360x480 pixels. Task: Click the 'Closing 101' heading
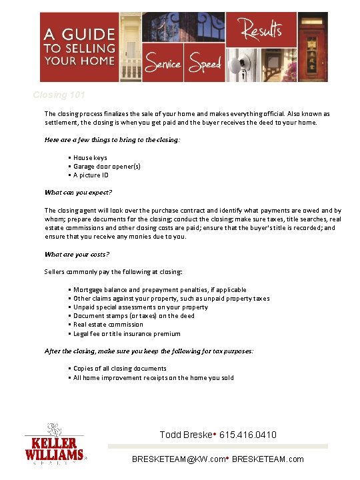59,95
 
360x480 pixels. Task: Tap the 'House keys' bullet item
90,158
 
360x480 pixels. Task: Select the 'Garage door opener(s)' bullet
107,167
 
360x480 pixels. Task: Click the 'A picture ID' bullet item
91,175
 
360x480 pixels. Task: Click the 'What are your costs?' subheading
77,254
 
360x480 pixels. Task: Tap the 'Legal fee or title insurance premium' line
127,333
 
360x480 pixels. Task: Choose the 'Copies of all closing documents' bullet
119,369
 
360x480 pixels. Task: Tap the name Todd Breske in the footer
185,435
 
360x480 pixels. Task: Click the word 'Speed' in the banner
205,64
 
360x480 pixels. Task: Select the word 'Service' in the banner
162,64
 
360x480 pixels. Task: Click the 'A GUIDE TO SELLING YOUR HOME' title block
80,46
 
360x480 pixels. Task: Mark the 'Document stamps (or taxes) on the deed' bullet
133,316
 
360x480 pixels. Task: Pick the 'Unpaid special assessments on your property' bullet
140,307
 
